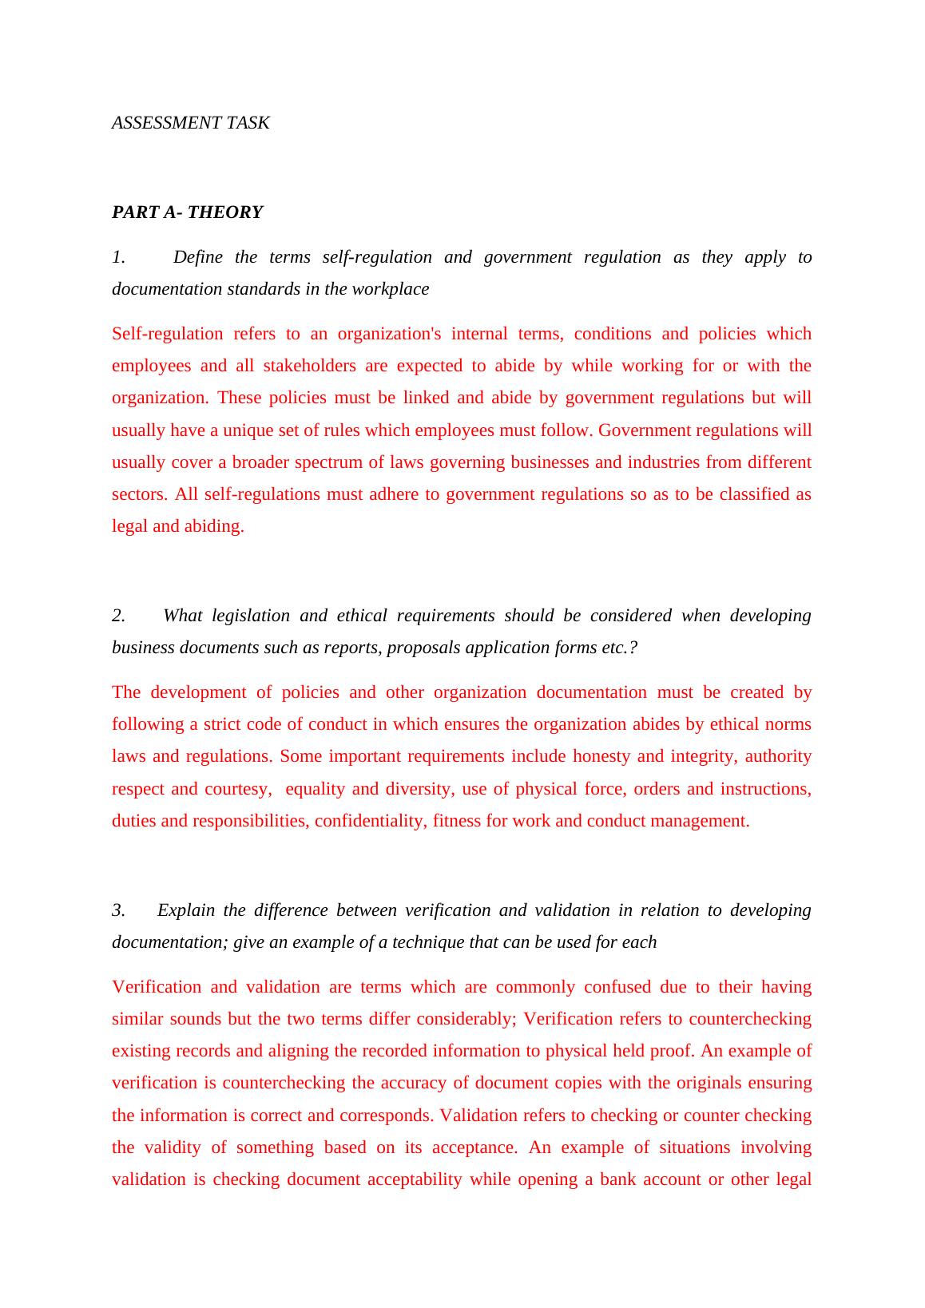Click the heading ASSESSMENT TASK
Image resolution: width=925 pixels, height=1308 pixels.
[x=190, y=123]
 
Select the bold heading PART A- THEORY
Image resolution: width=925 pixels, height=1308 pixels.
[x=187, y=212]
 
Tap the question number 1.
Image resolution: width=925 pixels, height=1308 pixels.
[x=118, y=257]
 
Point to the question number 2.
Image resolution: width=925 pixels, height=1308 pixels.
[x=118, y=616]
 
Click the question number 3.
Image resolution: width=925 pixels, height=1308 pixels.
[x=118, y=910]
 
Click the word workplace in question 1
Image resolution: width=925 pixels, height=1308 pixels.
[x=391, y=289]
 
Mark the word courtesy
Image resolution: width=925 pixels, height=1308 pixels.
[x=237, y=789]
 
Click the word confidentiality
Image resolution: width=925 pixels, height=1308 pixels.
[x=369, y=821]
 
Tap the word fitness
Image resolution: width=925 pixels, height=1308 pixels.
[x=457, y=821]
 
